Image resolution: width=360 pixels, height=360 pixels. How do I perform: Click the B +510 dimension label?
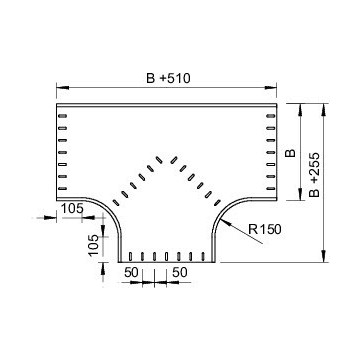tap(168, 78)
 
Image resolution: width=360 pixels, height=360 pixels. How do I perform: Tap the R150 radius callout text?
tap(265, 229)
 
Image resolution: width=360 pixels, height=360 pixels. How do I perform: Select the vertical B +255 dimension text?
tap(314, 175)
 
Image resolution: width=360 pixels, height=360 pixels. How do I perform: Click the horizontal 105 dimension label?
tap(72, 209)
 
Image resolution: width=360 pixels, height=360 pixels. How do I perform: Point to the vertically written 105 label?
tap(94, 245)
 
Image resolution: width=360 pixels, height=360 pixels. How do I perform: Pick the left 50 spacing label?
tap(131, 272)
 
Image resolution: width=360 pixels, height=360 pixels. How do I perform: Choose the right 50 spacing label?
tap(180, 272)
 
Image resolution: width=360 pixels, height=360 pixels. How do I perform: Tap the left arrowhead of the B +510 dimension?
tap(63, 87)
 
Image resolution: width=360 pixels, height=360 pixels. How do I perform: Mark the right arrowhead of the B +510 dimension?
tap(271, 87)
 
